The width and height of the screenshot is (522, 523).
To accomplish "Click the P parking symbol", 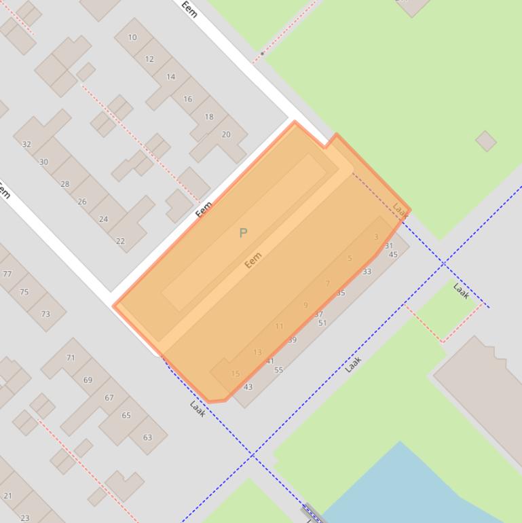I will click(243, 233).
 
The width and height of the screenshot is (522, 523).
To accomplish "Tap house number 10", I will click(132, 37).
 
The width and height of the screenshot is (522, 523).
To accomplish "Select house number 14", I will click(171, 77).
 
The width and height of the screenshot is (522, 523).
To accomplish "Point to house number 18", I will click(209, 117).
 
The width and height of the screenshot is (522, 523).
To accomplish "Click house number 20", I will click(226, 134).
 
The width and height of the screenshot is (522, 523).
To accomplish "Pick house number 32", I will click(26, 144).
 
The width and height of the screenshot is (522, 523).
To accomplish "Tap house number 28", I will click(65, 184).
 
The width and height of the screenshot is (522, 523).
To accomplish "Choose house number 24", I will click(103, 219).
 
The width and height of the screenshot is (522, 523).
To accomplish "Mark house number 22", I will click(120, 241).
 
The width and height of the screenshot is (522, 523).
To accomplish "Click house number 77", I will click(7, 274).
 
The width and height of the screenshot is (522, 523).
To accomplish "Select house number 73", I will click(45, 314).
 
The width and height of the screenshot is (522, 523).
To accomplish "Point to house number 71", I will click(71, 357).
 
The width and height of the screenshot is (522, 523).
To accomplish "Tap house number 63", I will click(147, 437).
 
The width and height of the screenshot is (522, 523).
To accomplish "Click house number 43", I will click(248, 387).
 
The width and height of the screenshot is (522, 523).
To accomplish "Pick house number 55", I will click(278, 370).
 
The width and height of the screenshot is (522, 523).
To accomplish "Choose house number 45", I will click(393, 255).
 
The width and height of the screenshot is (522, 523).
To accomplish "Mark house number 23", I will click(25, 518).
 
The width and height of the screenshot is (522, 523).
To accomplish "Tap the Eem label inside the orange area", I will click(253, 260).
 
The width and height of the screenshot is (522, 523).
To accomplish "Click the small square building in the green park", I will click(485, 141).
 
